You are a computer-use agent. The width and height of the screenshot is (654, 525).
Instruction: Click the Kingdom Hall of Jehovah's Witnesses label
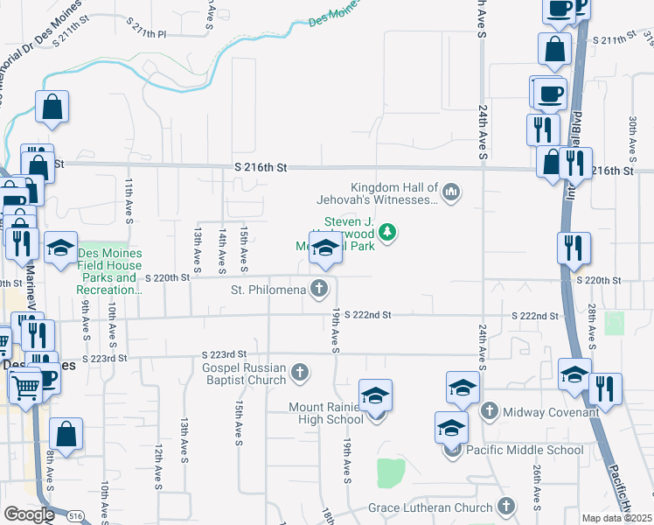click(393, 193)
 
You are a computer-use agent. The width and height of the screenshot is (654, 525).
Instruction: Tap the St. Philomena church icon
click(321, 289)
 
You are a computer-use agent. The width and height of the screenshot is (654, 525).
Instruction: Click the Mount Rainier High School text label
click(327, 413)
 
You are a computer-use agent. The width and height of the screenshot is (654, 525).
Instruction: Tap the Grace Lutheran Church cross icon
click(505, 507)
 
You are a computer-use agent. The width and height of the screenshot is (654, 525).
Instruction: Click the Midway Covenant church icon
click(489, 410)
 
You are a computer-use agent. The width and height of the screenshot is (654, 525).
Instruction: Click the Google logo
click(29, 514)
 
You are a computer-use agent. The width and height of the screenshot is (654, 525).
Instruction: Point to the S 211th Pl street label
click(146, 33)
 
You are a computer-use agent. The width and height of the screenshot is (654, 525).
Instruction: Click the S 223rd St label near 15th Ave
click(219, 354)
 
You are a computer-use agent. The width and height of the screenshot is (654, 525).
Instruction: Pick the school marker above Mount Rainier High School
click(375, 395)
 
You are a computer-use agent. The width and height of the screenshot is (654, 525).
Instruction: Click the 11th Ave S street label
click(128, 200)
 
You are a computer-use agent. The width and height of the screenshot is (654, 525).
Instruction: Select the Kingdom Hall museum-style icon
click(451, 191)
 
